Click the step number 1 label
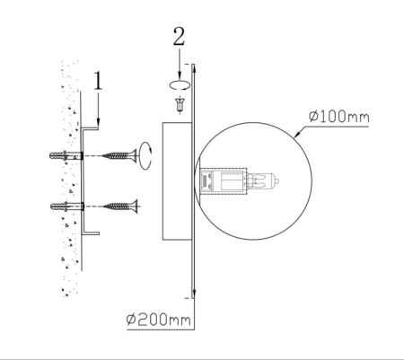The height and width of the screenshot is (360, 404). click(98, 81)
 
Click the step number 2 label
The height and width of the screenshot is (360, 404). click(179, 37)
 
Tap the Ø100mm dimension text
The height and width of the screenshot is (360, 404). click(338, 117)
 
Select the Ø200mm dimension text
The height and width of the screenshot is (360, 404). click(158, 320)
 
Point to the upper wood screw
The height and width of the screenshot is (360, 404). click(119, 155)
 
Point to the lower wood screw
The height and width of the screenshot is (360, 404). click(120, 206)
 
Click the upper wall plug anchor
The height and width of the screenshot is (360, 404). click(66, 155)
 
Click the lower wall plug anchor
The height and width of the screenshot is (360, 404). click(67, 206)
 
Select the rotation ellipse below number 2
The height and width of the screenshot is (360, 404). click(180, 85)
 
